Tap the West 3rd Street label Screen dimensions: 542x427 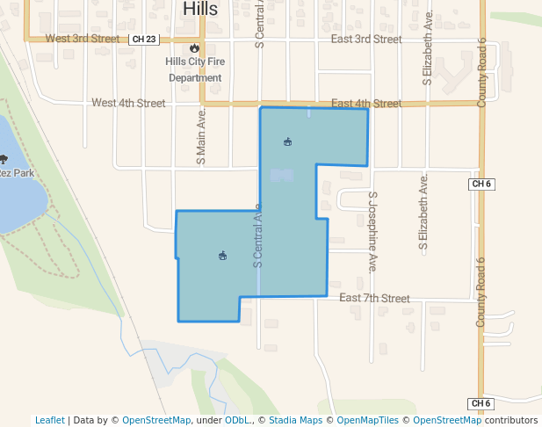82,39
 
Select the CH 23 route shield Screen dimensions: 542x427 142,40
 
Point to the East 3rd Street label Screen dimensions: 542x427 366,40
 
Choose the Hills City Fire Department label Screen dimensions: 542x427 195,69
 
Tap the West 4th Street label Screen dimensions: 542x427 128,103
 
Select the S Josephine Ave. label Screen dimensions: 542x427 372,231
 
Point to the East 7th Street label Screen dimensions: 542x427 374,299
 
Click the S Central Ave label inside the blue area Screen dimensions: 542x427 258,235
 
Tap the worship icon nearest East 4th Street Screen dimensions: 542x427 287,141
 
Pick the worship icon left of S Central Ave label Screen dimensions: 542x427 222,256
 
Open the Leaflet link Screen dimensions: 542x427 50,420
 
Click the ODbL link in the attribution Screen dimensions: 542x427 237,420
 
